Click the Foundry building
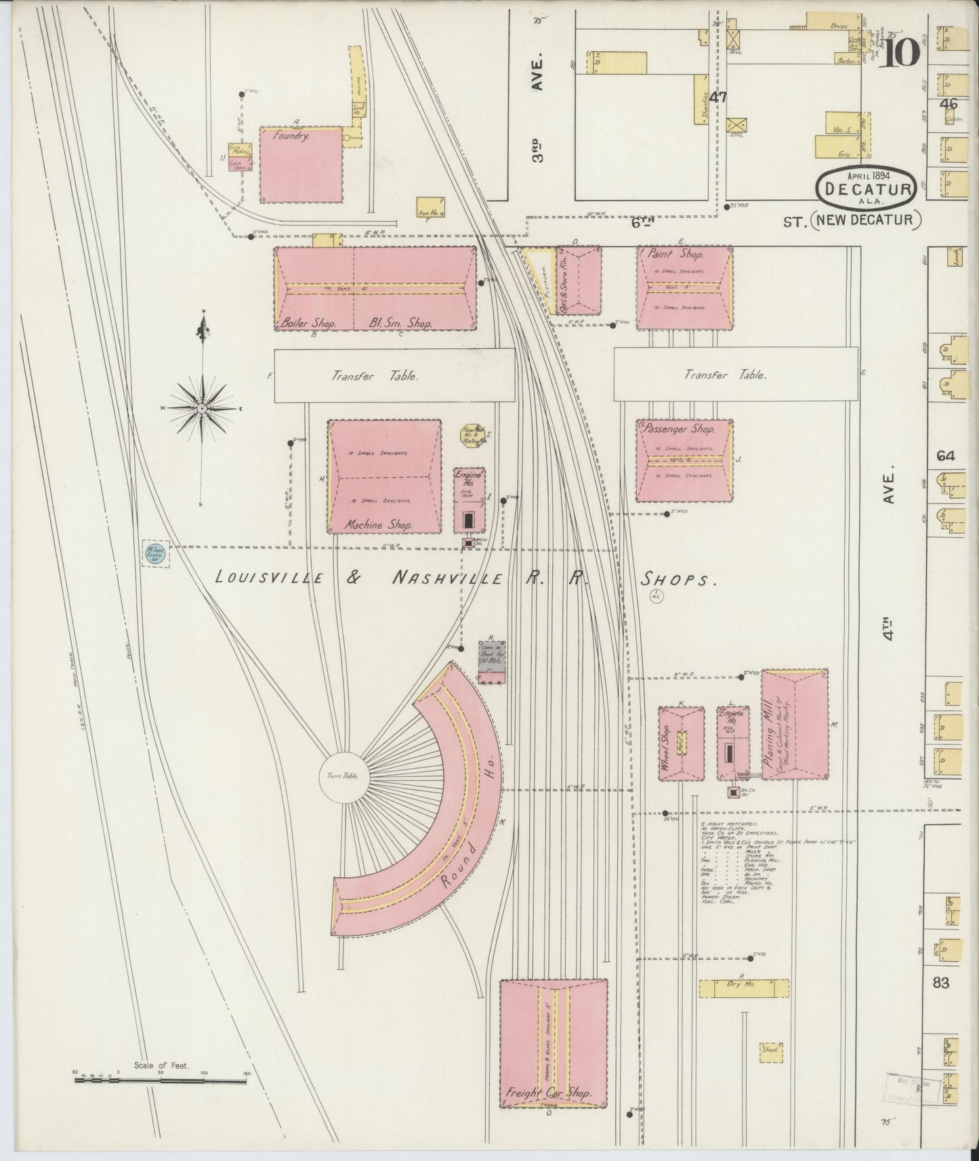(301, 165)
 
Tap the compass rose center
(201, 409)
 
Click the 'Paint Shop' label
(684, 255)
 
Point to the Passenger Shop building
(684, 461)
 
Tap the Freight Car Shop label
(549, 1093)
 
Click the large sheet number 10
(900, 51)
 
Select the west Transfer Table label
(375, 377)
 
